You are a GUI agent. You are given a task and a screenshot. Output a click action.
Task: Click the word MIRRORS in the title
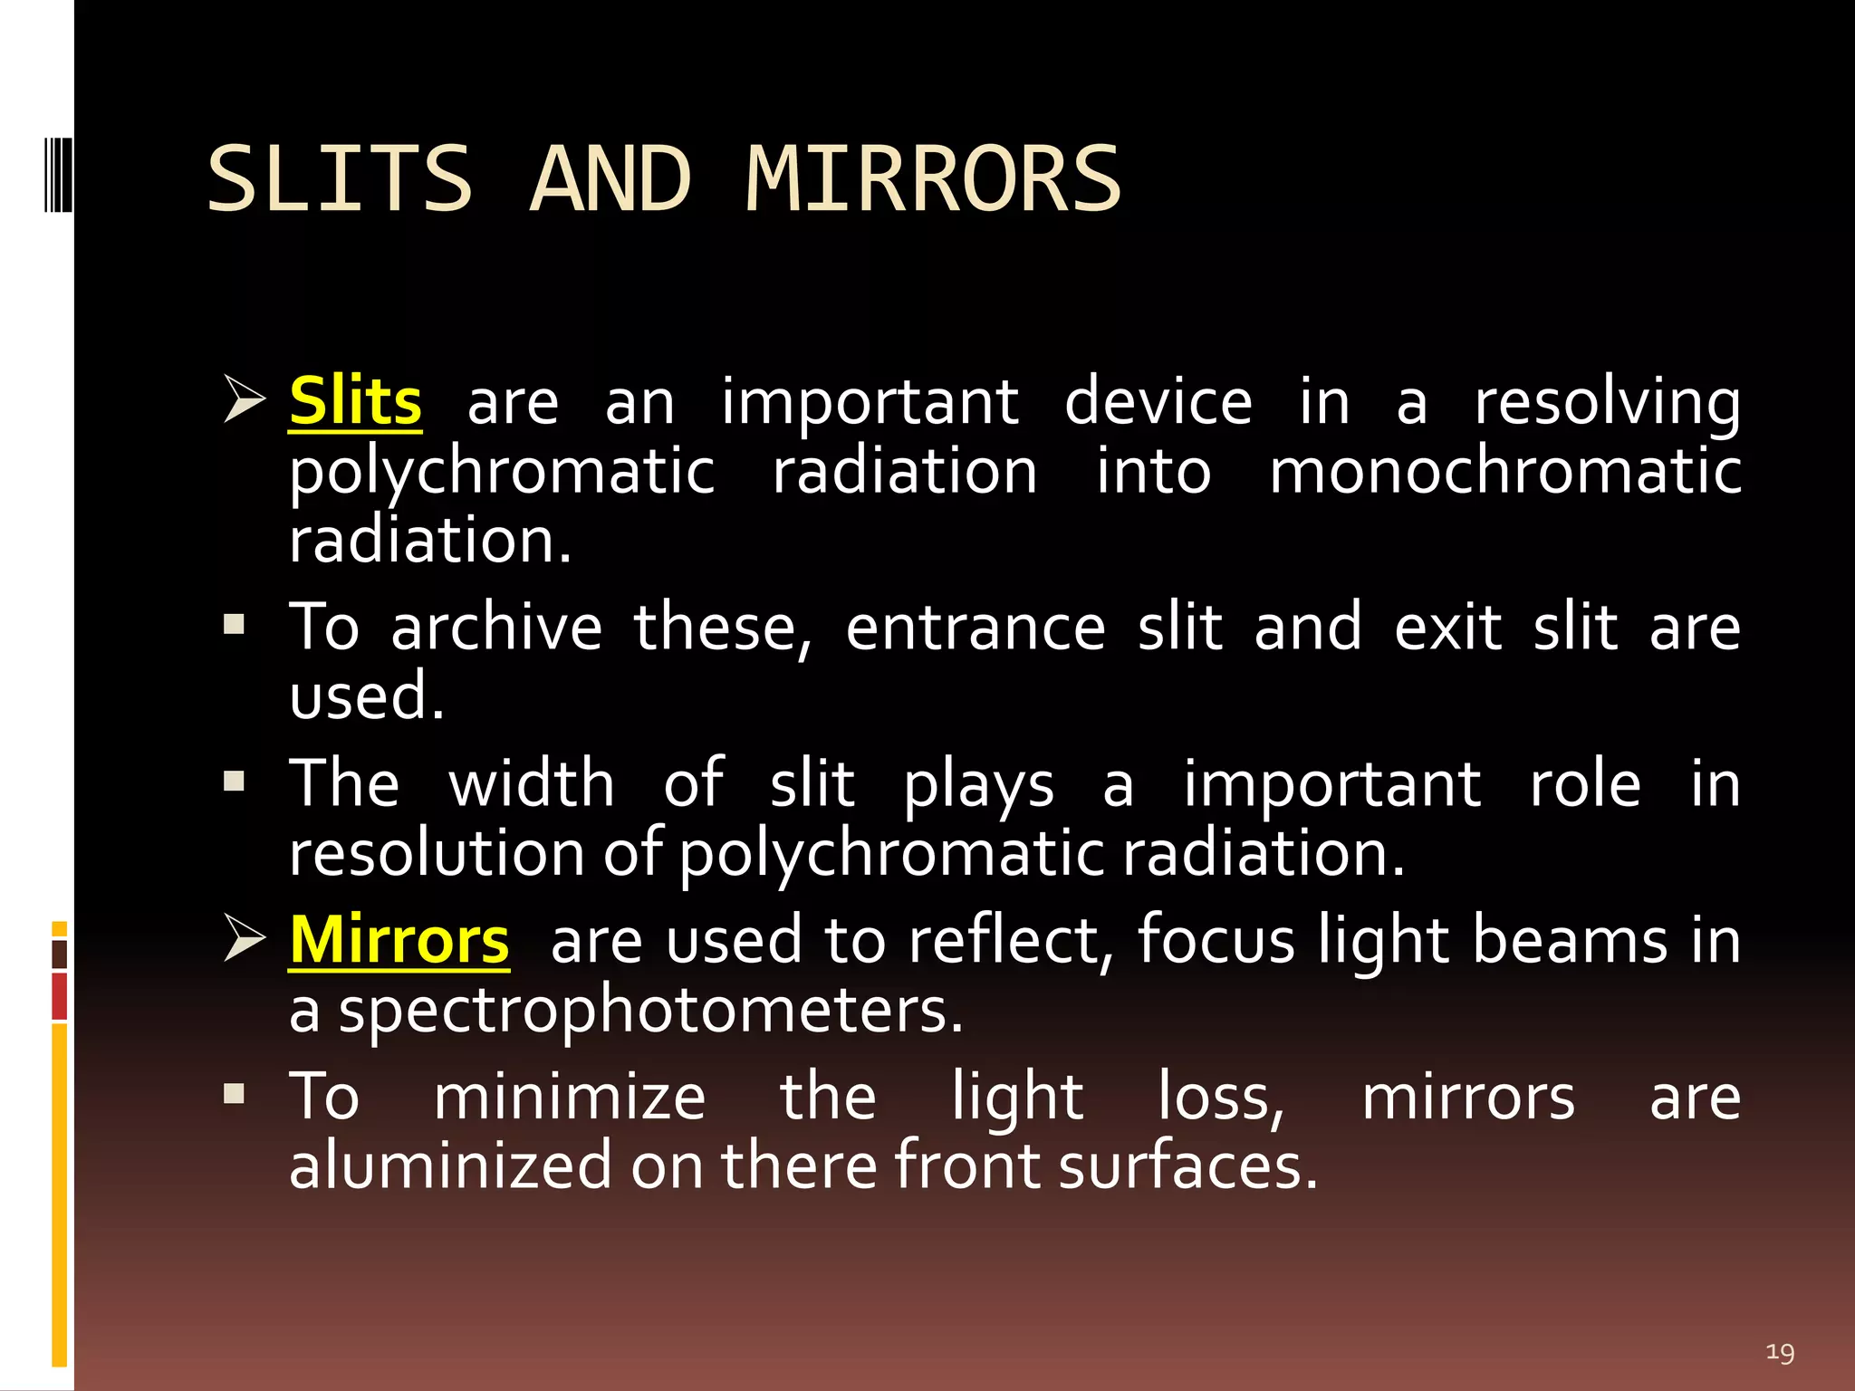click(x=933, y=179)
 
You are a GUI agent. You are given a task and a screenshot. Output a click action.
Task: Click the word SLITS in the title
click(x=340, y=179)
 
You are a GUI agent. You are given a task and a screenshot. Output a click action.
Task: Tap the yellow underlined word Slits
click(x=355, y=401)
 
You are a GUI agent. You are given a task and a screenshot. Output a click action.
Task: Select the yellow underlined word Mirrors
click(x=399, y=940)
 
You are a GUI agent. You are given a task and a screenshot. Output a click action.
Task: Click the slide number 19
click(x=1780, y=1353)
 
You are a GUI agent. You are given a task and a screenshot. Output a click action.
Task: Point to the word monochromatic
click(x=1504, y=471)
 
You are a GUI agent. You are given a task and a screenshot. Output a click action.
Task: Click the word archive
click(x=496, y=628)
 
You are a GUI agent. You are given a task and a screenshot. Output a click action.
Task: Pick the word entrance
click(x=976, y=628)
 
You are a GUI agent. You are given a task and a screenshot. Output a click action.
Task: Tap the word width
click(x=532, y=783)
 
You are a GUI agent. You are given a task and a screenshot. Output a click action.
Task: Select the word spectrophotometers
click(x=649, y=1011)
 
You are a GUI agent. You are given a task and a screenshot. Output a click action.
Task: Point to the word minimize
click(x=569, y=1098)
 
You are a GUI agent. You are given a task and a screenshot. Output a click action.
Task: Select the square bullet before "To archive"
click(x=235, y=624)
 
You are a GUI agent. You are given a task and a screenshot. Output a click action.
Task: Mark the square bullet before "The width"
click(x=235, y=781)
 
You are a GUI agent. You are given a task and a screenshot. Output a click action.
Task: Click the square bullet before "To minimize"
click(x=235, y=1094)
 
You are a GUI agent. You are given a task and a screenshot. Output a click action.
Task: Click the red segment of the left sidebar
click(x=60, y=996)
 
